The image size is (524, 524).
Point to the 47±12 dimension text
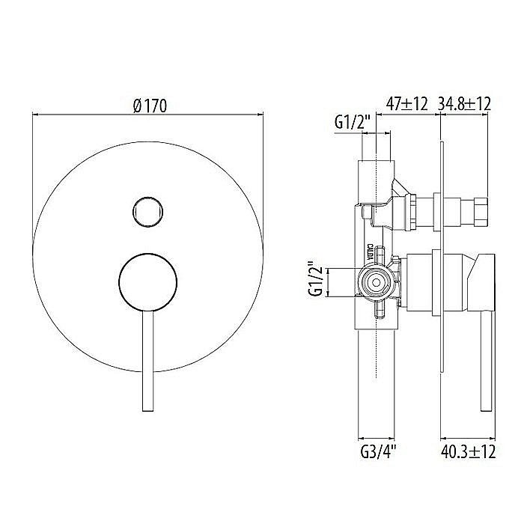coord(407,104)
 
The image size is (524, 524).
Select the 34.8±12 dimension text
coord(464,104)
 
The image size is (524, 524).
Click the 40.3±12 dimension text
coord(468,451)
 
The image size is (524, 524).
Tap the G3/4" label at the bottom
coord(377,451)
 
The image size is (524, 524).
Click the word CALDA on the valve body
coord(372,250)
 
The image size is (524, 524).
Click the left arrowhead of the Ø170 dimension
coord(34,116)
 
